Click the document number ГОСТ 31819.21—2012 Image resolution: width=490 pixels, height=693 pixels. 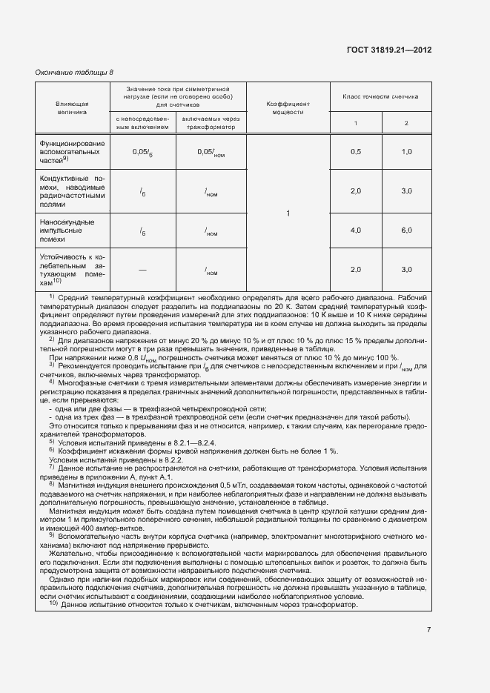pos(388,50)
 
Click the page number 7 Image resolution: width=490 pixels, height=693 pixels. pos(428,630)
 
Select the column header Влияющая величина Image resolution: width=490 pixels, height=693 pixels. pos(71,108)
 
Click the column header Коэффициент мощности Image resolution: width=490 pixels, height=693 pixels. pos(288,108)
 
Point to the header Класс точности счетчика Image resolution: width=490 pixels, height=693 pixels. pos(380,96)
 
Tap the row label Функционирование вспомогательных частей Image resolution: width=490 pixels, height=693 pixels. pos(73,150)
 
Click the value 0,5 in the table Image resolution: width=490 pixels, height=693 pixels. pos(355,151)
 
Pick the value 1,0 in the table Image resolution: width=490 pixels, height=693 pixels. pos(406,151)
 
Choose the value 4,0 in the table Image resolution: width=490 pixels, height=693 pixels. pos(355,231)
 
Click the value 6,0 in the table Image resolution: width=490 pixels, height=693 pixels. pos(406,231)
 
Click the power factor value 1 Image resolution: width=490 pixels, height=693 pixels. pos(288,214)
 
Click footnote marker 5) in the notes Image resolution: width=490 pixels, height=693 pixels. pos(52,441)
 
